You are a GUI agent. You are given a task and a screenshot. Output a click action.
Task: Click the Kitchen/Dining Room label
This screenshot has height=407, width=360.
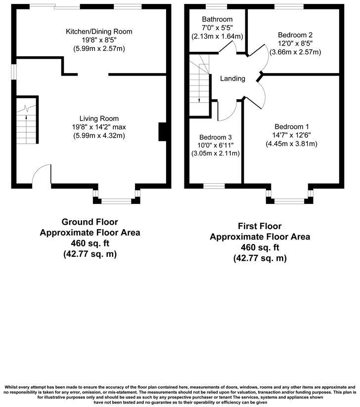92,32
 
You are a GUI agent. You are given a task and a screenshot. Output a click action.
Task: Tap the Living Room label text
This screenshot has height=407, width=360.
99,119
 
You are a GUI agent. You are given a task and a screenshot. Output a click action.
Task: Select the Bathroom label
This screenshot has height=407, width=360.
217,19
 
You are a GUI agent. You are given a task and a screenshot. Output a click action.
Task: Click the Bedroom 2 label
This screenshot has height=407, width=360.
295,35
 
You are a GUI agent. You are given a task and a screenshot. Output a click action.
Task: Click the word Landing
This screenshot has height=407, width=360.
232,79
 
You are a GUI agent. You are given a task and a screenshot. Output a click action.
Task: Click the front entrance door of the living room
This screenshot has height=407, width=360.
42,175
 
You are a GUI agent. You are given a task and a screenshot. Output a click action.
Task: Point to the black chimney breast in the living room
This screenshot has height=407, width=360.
162,132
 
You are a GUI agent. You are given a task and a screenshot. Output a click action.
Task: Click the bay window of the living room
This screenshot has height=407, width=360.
117,201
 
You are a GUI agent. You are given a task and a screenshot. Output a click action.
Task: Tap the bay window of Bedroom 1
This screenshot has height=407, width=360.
290,201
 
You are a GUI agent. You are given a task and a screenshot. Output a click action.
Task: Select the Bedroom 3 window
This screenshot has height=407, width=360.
214,186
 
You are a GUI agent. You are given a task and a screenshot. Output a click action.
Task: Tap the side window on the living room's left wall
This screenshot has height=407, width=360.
14,72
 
